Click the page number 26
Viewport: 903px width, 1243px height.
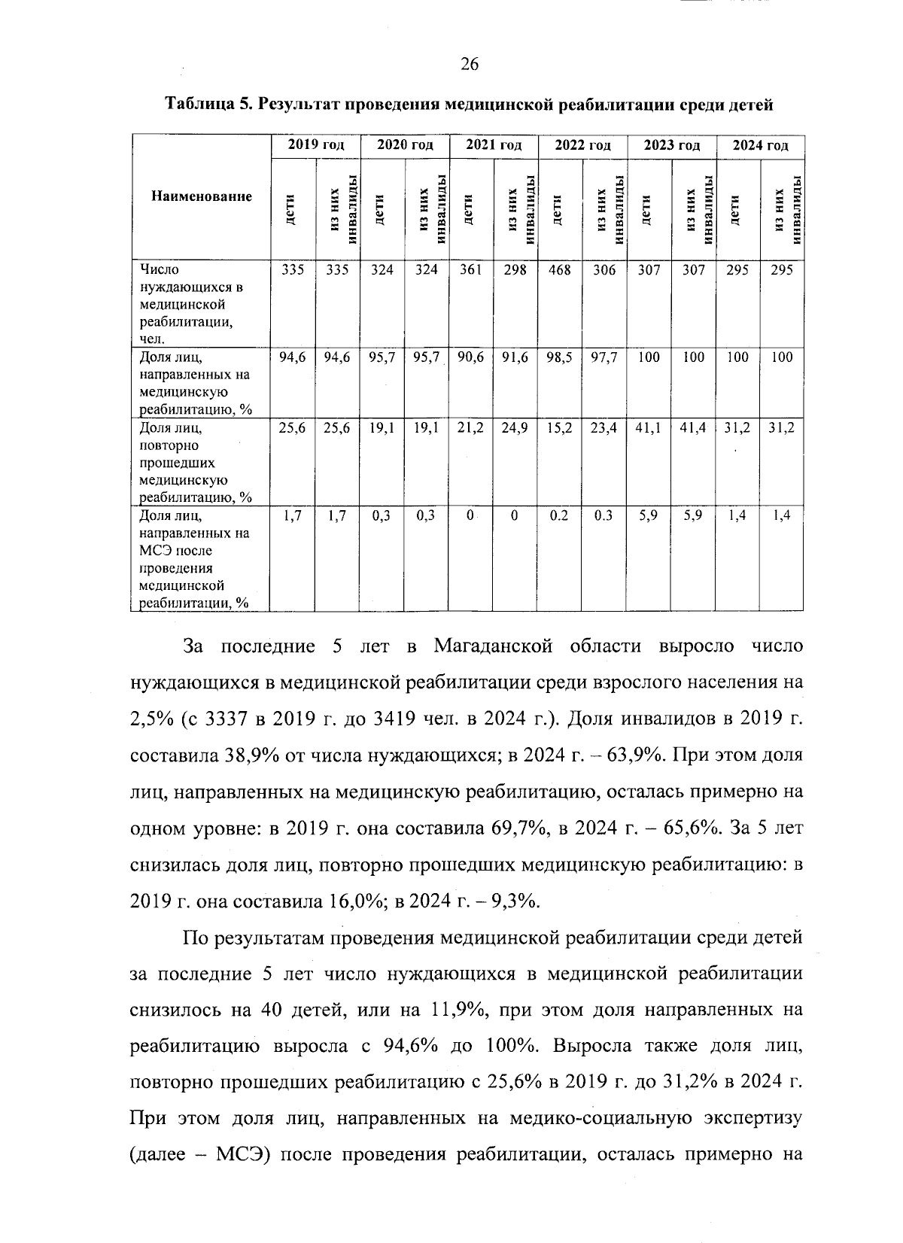pos(469,65)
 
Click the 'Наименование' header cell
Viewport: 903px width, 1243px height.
pos(201,197)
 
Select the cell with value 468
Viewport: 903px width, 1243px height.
pos(560,270)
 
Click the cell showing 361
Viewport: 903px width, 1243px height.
pos(470,270)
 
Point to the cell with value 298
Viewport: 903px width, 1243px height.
pos(515,270)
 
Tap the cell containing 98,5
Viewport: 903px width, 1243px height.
pos(559,357)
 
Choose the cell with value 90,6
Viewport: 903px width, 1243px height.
pos(470,357)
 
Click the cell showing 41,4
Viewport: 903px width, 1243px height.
pos(692,428)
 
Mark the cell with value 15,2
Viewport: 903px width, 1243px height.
pos(559,428)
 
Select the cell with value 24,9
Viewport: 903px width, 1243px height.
pos(515,428)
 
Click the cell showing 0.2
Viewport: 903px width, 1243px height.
pos(559,515)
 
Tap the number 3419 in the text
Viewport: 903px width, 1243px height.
pos(396,719)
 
